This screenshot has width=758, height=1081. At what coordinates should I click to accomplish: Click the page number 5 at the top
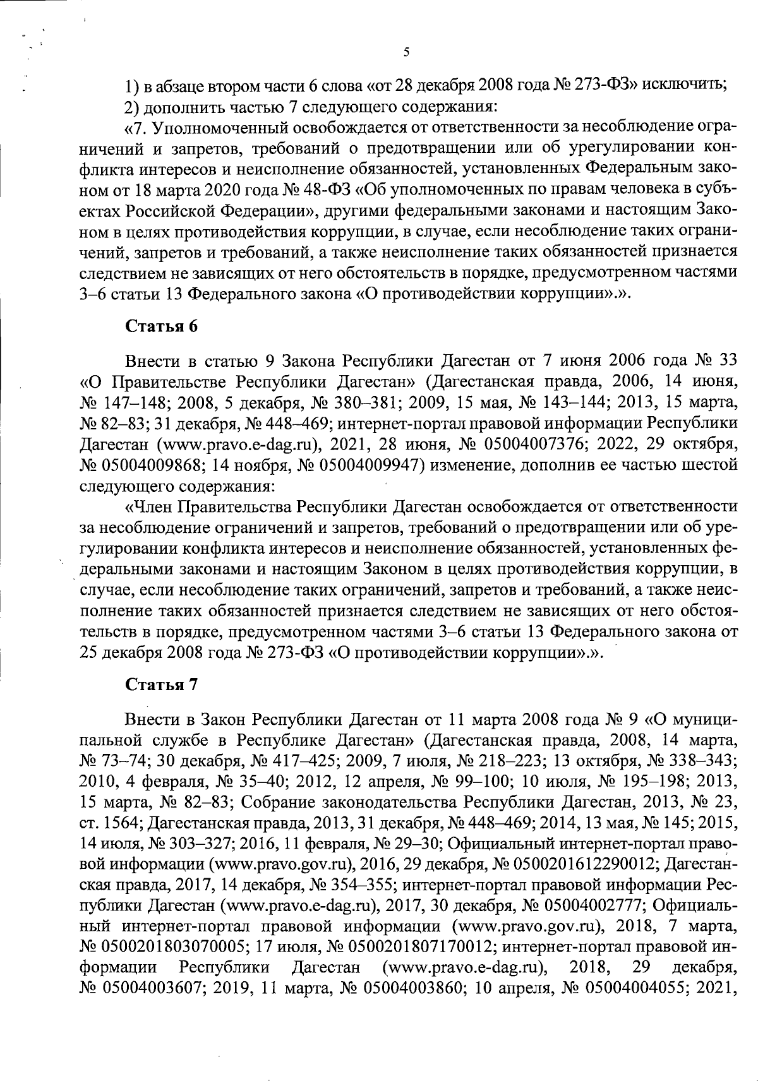[x=406, y=53]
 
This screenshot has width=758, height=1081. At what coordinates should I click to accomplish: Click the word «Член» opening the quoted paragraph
[x=147, y=506]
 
